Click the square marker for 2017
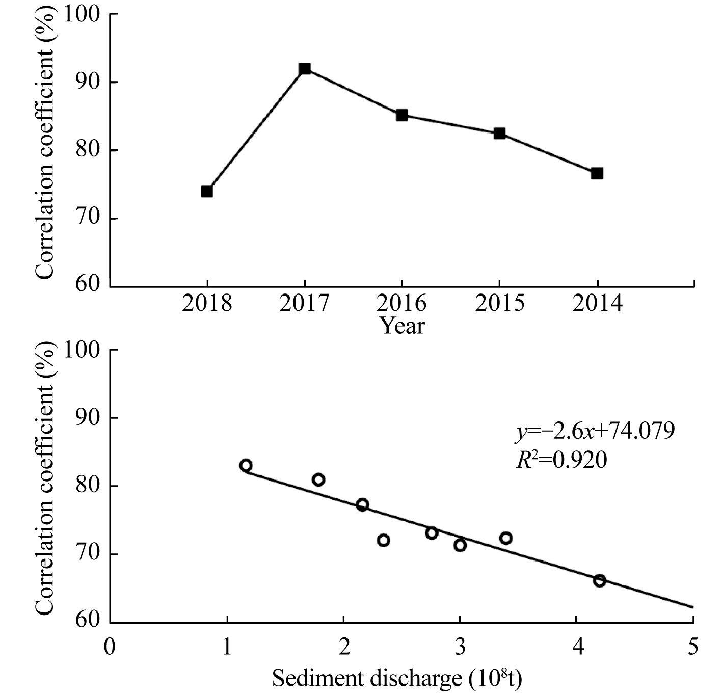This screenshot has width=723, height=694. click(305, 69)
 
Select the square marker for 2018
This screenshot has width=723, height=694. click(207, 192)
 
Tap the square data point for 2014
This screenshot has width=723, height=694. click(597, 173)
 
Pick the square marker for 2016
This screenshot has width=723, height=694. click(402, 115)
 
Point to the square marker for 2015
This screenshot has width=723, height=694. click(499, 134)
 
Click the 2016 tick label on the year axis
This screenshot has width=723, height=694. click(402, 304)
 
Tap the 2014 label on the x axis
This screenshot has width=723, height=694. click(597, 304)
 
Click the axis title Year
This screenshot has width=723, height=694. click(403, 326)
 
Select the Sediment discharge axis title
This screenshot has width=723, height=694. click(397, 678)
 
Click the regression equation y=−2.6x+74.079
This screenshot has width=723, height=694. click(594, 432)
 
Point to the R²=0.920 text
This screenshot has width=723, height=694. click(560, 461)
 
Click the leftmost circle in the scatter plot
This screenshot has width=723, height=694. click(246, 465)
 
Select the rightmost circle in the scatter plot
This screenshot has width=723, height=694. click(600, 581)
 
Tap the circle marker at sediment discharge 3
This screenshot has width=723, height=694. click(460, 545)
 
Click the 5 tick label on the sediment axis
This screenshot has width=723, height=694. click(693, 648)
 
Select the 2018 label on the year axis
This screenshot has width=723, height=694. click(207, 304)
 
